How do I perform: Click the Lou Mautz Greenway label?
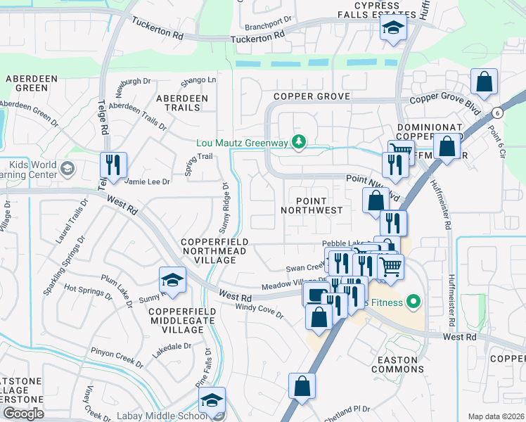coord(242,143)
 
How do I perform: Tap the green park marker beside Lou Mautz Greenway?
coord(300,143)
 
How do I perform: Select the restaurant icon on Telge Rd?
coord(113,166)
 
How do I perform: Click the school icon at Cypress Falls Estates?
coord(393,29)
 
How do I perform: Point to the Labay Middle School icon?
coord(212,401)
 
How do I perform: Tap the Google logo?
coord(23,414)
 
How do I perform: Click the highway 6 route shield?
coord(497,113)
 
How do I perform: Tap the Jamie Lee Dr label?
coord(147,181)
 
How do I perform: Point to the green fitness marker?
coord(413,302)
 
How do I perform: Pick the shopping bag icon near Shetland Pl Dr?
coord(302,387)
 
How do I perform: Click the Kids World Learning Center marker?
coord(67,168)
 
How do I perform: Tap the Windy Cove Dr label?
coord(259,311)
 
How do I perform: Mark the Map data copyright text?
coord(496,416)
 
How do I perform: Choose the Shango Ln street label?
coord(198,79)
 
